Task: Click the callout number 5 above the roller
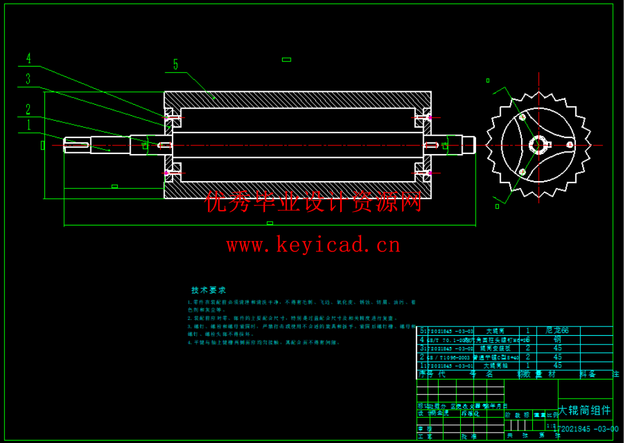pyautogui.click(x=176, y=65)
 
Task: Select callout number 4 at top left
pyautogui.click(x=28, y=59)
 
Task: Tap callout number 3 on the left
pyautogui.click(x=28, y=79)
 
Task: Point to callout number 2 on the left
pyautogui.click(x=28, y=110)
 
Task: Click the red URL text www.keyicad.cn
pyautogui.click(x=313, y=245)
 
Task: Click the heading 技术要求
pyautogui.click(x=209, y=290)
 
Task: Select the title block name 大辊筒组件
pyautogui.click(x=584, y=410)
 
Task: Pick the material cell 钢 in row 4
pyautogui.click(x=557, y=339)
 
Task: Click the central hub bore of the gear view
pyautogui.click(x=539, y=145)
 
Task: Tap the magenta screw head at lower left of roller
pyautogui.click(x=166, y=173)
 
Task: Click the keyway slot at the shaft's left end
pyautogui.click(x=78, y=145)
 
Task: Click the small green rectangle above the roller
pyautogui.click(x=286, y=60)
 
